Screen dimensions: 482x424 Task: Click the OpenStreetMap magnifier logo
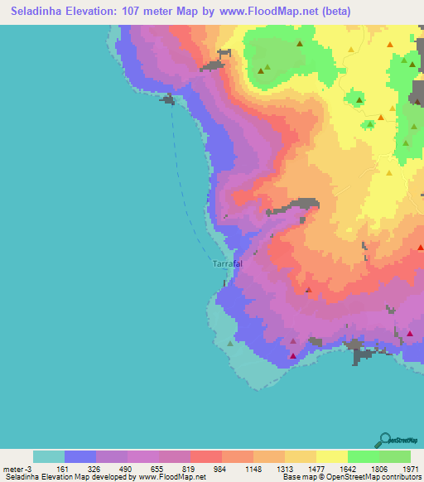[x=385, y=439]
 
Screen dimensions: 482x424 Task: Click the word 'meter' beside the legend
[x=12, y=468]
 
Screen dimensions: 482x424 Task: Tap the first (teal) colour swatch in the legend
[x=49, y=456]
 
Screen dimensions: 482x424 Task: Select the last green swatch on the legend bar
[x=395, y=456]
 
